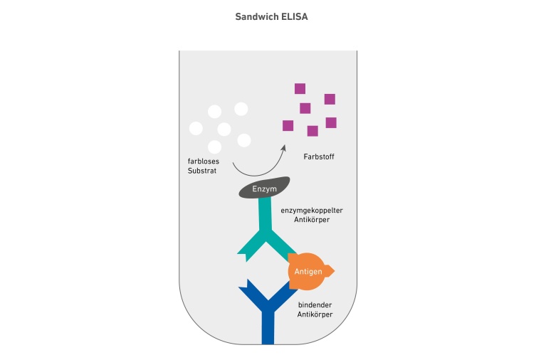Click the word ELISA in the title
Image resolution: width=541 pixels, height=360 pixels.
click(x=290, y=15)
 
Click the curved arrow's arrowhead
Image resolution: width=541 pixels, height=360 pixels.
click(x=283, y=142)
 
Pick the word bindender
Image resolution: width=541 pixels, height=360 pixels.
click(x=316, y=305)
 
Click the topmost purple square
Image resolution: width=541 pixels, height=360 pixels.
click(x=300, y=89)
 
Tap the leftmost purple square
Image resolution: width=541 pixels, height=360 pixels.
click(x=288, y=126)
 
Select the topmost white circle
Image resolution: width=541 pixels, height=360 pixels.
click(x=241, y=109)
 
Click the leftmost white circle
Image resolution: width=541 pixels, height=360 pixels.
click(x=196, y=129)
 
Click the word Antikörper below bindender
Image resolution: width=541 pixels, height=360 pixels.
click(x=316, y=315)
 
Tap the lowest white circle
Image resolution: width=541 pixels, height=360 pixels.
click(x=214, y=147)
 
